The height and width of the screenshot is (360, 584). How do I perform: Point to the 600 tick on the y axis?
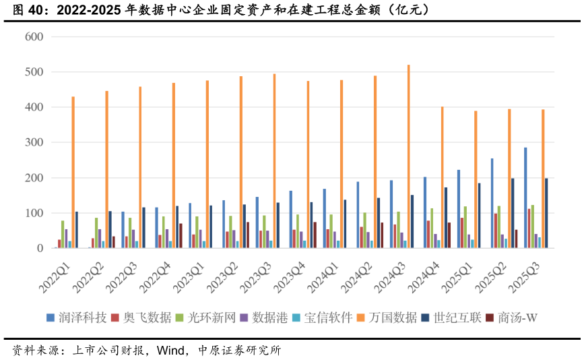(x=34, y=37)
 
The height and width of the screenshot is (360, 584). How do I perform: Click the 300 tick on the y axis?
(x=34, y=143)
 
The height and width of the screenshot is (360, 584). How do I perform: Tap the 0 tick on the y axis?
(x=40, y=249)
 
